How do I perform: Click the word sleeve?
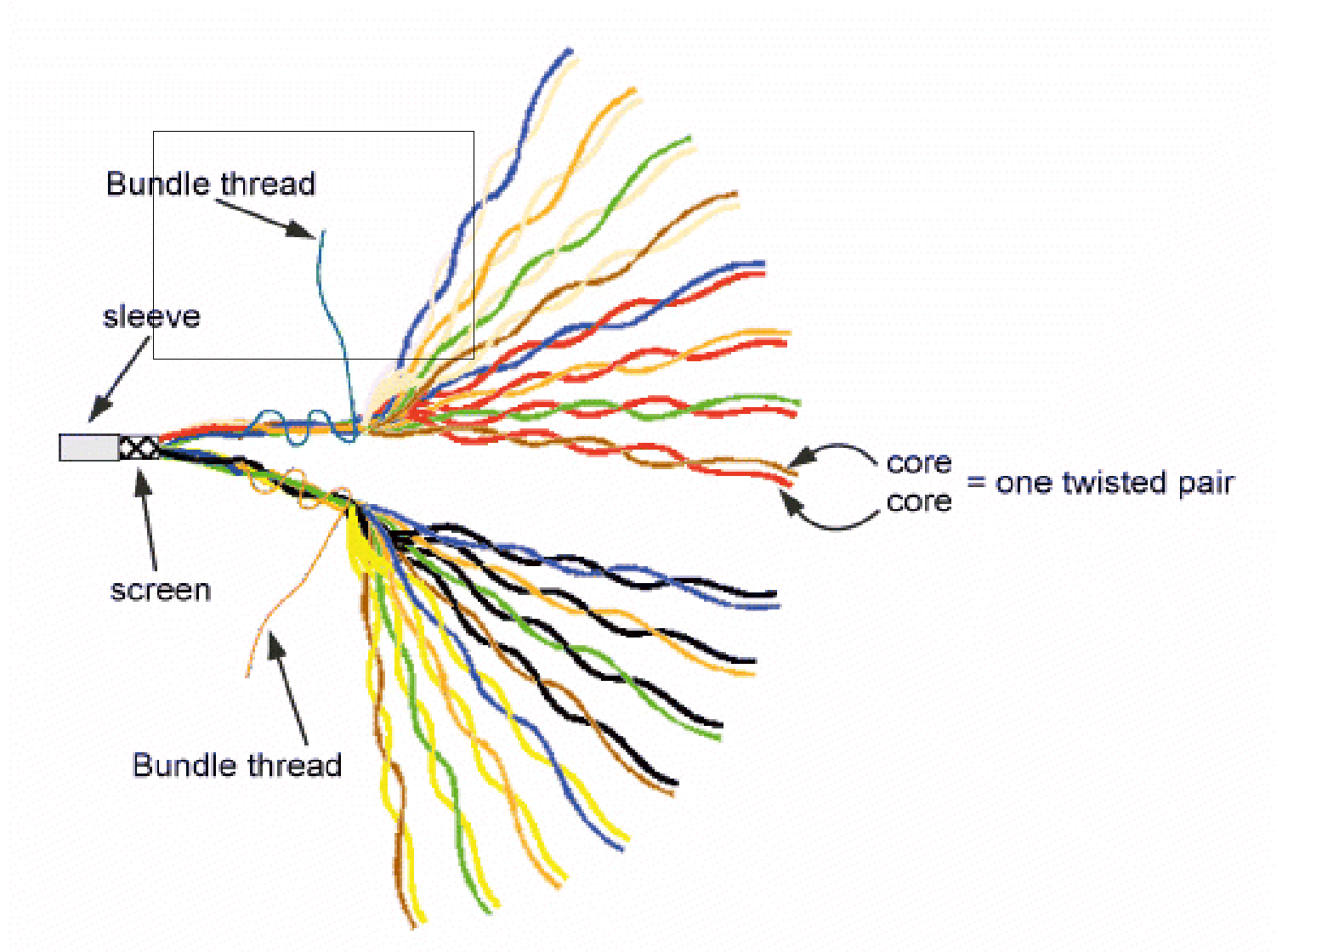pos(151,317)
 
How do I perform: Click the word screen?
pos(161,590)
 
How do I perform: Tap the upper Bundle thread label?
pos(210,184)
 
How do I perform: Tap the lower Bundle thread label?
pos(237,765)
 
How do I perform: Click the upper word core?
pos(918,463)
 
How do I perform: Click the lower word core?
pos(918,501)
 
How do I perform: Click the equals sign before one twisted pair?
pos(976,483)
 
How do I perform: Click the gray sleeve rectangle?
pos(88,447)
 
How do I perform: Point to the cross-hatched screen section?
pos(139,447)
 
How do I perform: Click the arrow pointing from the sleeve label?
pos(119,378)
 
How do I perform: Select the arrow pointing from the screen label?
pos(148,518)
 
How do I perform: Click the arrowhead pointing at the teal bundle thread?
pos(302,229)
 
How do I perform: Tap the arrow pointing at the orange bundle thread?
pos(289,688)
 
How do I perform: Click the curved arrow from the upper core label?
pos(837,449)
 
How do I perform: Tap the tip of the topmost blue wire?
pos(570,51)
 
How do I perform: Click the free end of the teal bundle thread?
pos(323,232)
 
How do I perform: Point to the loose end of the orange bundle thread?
pos(248,676)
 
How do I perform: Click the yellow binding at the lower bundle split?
pos(361,544)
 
